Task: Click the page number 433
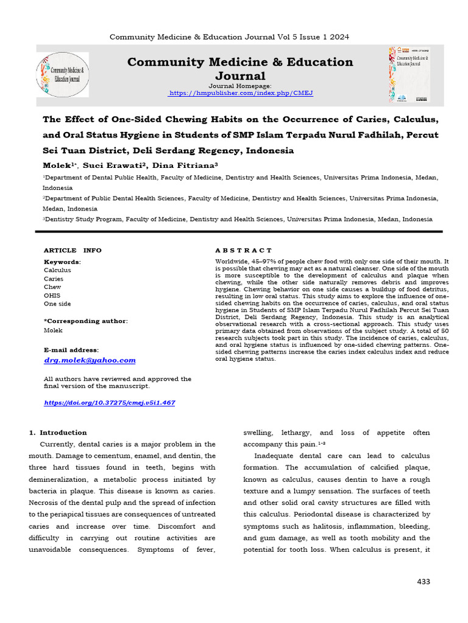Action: coord(423,582)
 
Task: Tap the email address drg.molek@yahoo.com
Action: coord(90,360)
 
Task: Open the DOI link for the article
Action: coord(110,403)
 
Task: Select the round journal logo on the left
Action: coord(63,75)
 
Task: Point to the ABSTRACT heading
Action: coord(244,251)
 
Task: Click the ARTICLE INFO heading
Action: coord(73,251)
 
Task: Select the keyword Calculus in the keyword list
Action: coord(57,270)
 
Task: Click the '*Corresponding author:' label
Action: coord(85,321)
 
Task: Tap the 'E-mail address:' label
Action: coord(71,350)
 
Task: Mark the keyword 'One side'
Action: coord(57,304)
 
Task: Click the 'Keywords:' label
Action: coord(62,262)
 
